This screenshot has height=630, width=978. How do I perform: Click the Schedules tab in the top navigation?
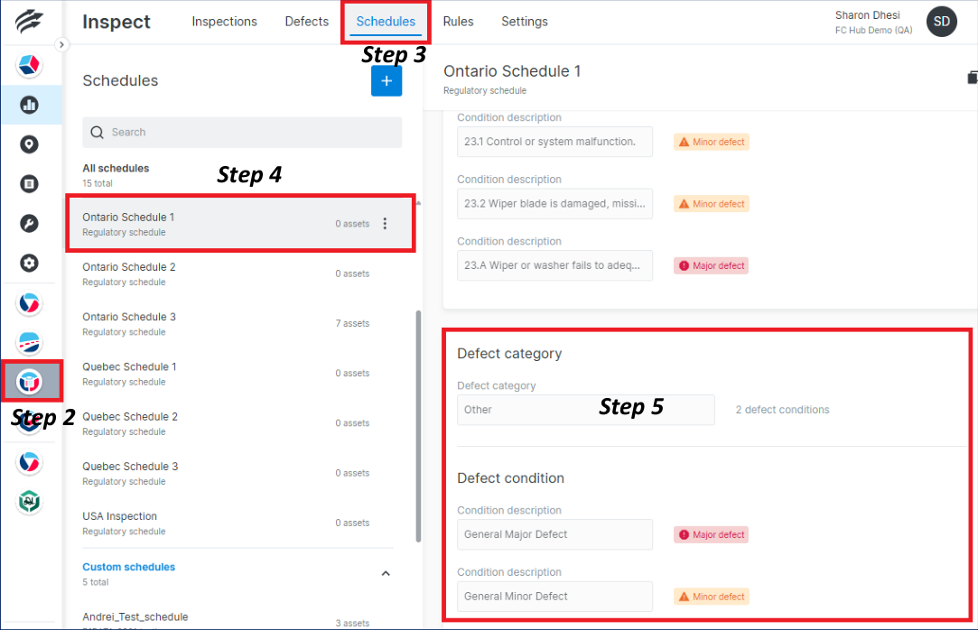tap(386, 22)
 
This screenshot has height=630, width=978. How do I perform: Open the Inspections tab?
tap(224, 22)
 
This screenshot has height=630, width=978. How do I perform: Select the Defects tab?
tap(306, 22)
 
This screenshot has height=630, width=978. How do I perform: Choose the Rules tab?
tap(458, 22)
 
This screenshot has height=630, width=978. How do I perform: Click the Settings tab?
tap(524, 22)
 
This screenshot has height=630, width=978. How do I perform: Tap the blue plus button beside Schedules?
tap(387, 81)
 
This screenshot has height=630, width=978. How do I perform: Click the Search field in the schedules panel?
tap(242, 133)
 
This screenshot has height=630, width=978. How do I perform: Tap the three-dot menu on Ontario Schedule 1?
tap(385, 224)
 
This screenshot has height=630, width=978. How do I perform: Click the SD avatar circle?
tap(942, 22)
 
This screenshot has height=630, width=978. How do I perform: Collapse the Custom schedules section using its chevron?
tap(386, 573)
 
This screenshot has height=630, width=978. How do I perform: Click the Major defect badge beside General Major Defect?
tap(711, 535)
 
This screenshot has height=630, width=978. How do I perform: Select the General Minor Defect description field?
tap(554, 597)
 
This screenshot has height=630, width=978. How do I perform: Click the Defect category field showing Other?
tap(585, 410)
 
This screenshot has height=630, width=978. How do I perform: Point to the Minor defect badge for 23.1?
tap(711, 142)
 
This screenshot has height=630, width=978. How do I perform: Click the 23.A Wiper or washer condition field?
tap(554, 266)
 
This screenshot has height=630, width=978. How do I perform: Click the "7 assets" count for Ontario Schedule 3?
tap(351, 323)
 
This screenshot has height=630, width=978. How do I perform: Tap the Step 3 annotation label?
tap(394, 55)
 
